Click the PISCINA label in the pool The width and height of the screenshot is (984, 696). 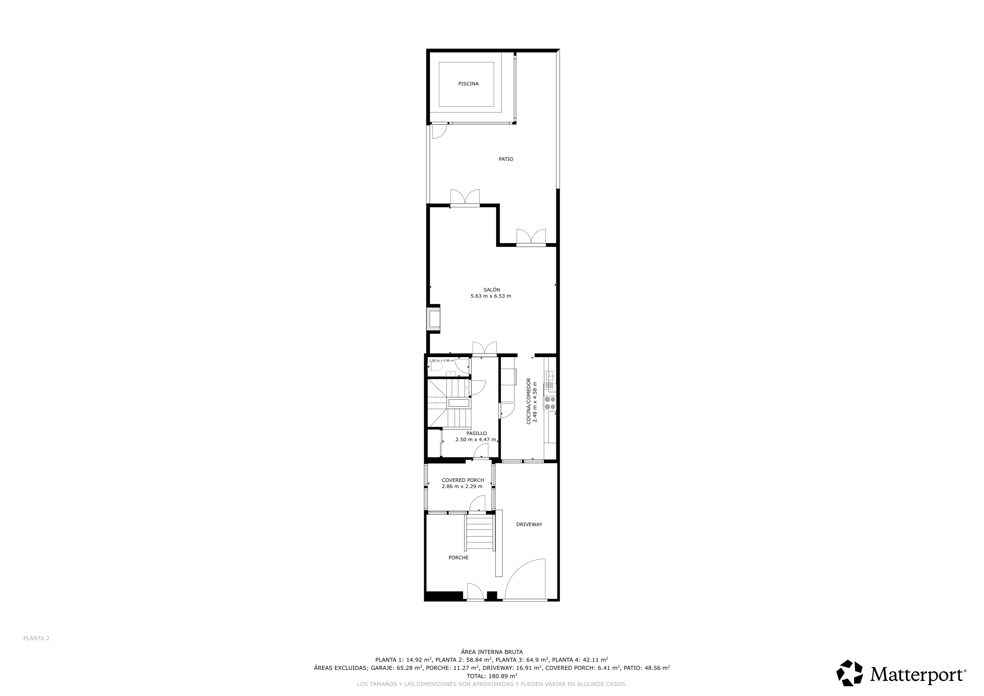coord(469,84)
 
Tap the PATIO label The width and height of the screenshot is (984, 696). coord(506,159)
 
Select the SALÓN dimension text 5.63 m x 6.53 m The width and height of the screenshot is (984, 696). coord(491,296)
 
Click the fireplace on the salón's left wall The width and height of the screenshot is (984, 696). coord(433,318)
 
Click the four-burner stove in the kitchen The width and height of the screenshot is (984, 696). coord(550,403)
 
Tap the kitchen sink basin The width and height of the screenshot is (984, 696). coord(550,376)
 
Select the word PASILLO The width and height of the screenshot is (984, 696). coord(477,433)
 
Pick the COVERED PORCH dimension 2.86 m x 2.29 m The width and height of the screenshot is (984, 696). coord(462,486)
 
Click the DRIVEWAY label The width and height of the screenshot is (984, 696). coord(529,524)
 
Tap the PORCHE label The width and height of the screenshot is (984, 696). coord(459,558)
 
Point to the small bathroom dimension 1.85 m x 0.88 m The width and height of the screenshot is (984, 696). coord(441,361)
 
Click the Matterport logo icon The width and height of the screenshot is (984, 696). coord(850,673)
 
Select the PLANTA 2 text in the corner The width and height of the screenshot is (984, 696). coord(36,638)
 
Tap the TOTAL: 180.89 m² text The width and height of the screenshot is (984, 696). coord(492,676)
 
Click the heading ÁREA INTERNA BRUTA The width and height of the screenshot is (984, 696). coord(492,652)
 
